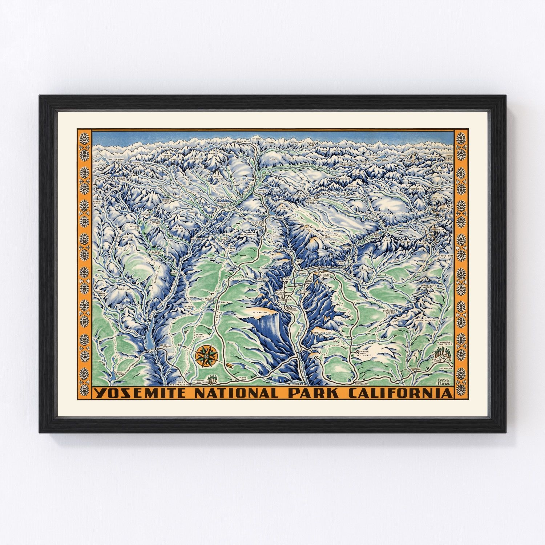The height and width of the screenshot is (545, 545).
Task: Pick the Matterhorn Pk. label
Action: click(109, 159)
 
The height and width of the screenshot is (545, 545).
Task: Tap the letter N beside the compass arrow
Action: click(179, 344)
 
